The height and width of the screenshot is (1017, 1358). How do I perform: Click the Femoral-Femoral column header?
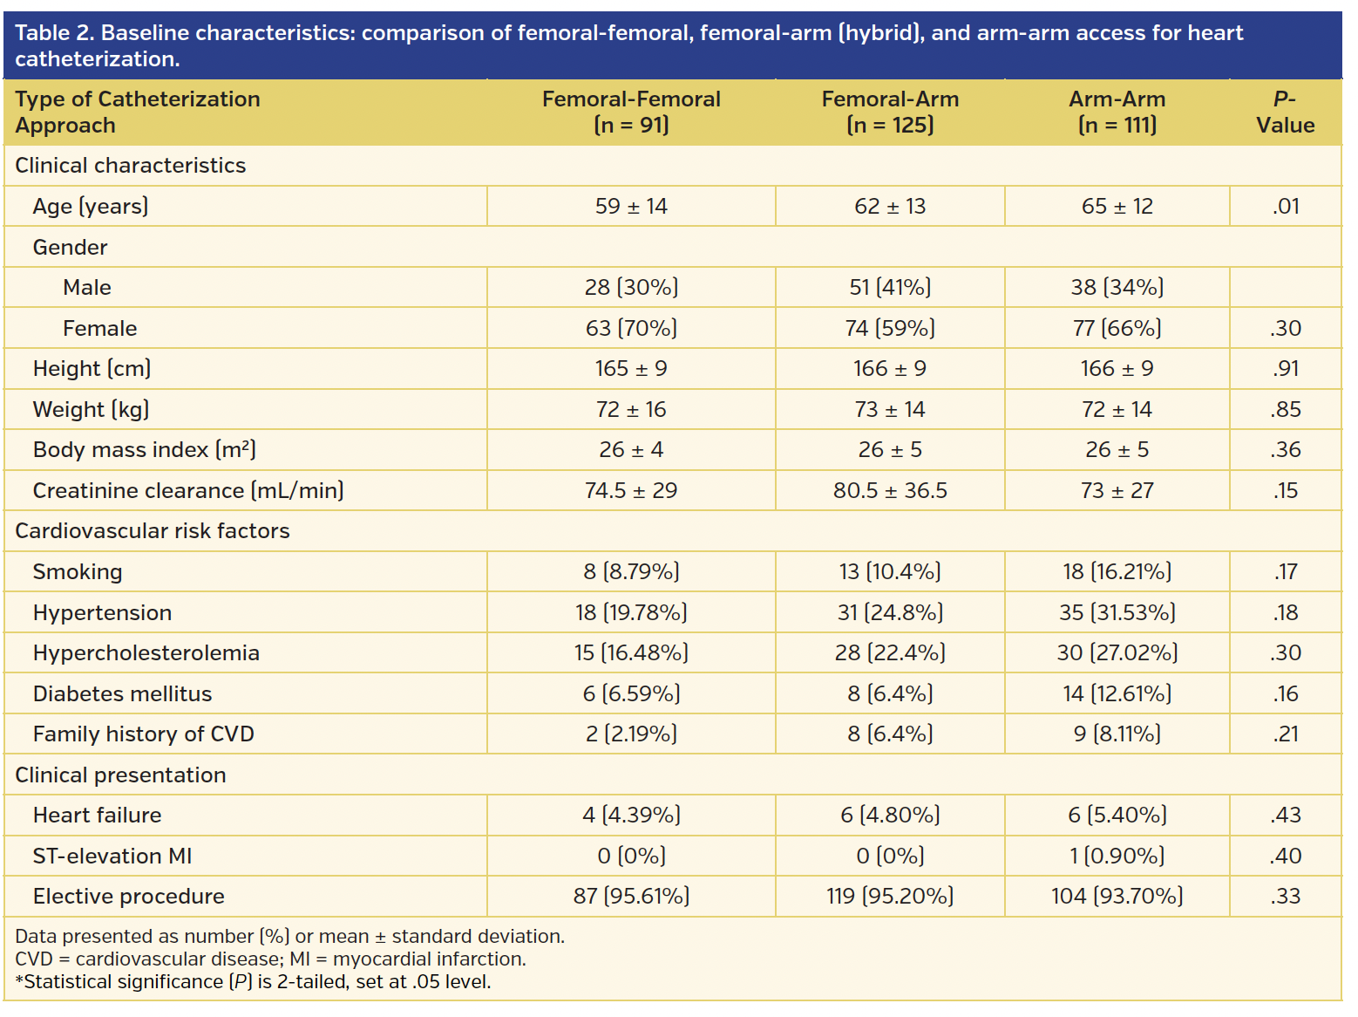(x=630, y=112)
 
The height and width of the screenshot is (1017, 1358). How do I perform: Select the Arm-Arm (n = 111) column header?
(x=1117, y=112)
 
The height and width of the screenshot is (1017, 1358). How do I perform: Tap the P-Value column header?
(x=1285, y=112)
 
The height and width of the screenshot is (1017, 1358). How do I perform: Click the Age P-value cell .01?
(x=1285, y=207)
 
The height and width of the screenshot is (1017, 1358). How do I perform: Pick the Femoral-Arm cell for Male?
(x=889, y=288)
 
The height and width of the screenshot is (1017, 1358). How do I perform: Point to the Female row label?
(x=99, y=329)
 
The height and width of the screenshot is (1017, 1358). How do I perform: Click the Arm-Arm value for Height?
(x=1117, y=369)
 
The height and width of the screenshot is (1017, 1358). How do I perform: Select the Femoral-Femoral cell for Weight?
(x=630, y=410)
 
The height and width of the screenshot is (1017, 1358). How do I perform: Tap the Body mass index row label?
(x=144, y=450)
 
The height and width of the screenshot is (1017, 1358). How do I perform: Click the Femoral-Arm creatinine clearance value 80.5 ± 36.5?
(x=889, y=491)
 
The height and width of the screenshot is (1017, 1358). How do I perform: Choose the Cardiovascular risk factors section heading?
(x=153, y=531)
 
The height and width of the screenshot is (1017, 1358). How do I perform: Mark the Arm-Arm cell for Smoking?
(x=1117, y=572)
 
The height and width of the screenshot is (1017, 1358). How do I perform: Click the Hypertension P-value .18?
(x=1285, y=613)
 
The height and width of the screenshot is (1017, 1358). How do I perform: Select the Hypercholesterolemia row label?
(x=146, y=653)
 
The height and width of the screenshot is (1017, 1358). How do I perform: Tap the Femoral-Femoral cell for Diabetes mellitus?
(x=630, y=694)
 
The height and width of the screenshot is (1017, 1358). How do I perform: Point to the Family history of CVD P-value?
(x=1285, y=734)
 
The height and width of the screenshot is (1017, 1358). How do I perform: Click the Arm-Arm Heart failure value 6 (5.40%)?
(x=1117, y=816)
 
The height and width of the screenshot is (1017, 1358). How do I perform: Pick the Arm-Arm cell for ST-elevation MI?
(x=1117, y=857)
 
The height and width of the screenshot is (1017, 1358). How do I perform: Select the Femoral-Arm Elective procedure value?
(x=889, y=897)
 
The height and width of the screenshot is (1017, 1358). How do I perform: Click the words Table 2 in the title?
(x=54, y=33)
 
